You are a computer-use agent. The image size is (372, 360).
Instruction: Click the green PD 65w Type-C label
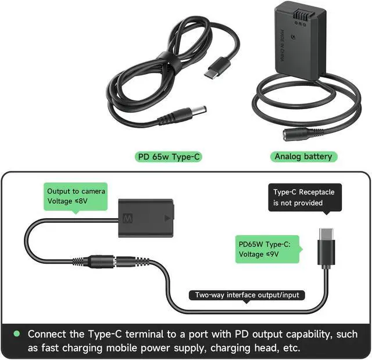tap(168, 156)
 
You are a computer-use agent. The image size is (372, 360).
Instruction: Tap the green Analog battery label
tap(303, 156)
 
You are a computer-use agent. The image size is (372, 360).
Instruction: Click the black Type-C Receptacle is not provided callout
tap(304, 197)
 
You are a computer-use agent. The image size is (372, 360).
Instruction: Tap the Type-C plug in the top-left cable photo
tap(212, 74)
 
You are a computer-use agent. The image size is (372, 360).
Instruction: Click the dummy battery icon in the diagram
tap(146, 219)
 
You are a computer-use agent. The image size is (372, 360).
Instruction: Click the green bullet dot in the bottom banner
tap(16, 334)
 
